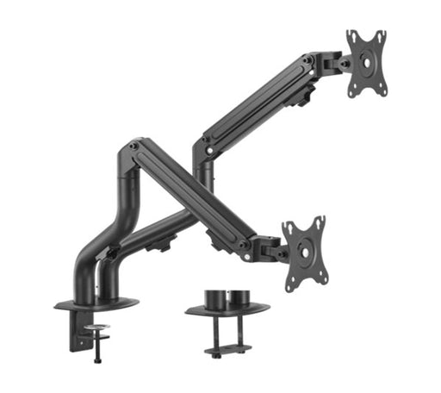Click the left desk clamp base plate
point(96,304)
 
